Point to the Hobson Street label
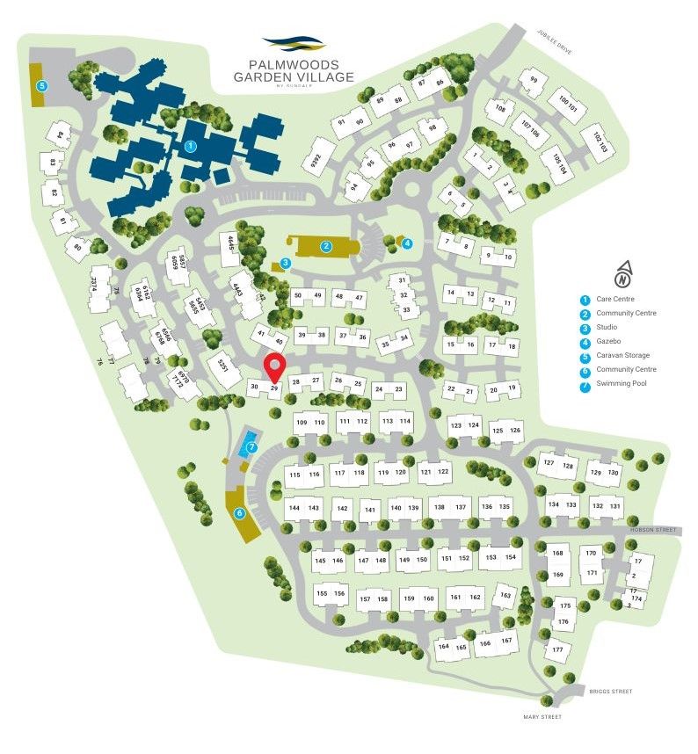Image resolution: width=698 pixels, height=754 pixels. tap(654, 530)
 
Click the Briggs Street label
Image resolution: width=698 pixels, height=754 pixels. tap(611, 692)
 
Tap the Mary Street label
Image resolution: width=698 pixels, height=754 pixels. tap(542, 717)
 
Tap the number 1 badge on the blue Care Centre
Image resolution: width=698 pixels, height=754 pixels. tap(191, 147)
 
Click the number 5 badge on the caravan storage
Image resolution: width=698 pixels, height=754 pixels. tap(41, 85)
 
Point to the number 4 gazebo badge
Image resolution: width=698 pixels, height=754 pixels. tap(407, 243)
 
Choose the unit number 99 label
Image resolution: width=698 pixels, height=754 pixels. tap(532, 81)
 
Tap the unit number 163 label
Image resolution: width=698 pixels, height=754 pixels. tap(505, 595)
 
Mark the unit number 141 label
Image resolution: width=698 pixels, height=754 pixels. tap(370, 510)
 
